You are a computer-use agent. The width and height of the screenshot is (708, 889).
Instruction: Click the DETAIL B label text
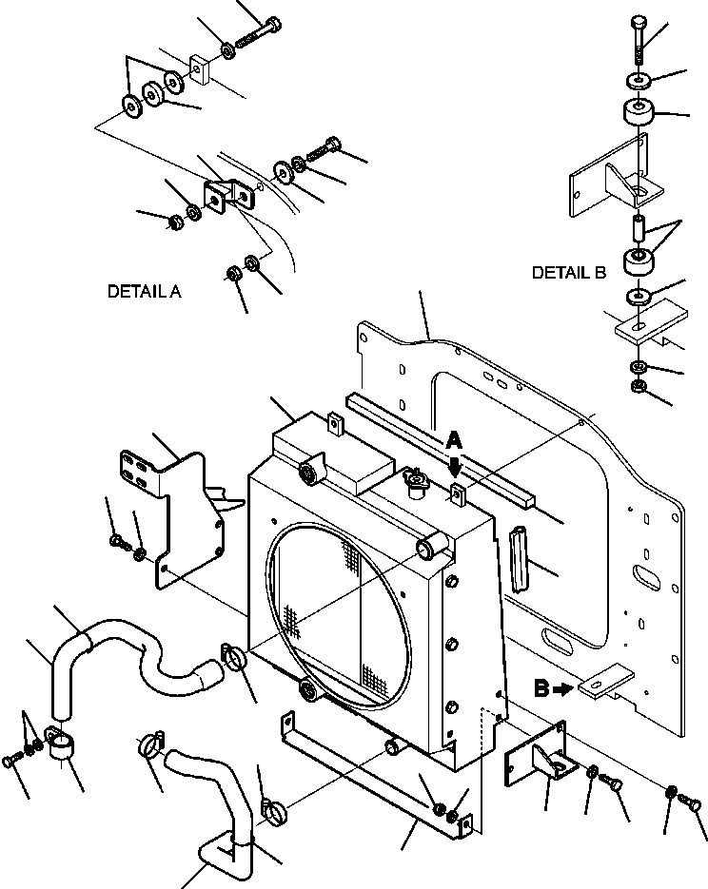[x=568, y=273]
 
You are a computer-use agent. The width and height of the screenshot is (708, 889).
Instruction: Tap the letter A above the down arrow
[x=454, y=440]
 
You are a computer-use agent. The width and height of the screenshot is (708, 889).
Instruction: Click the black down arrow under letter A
[x=455, y=465]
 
